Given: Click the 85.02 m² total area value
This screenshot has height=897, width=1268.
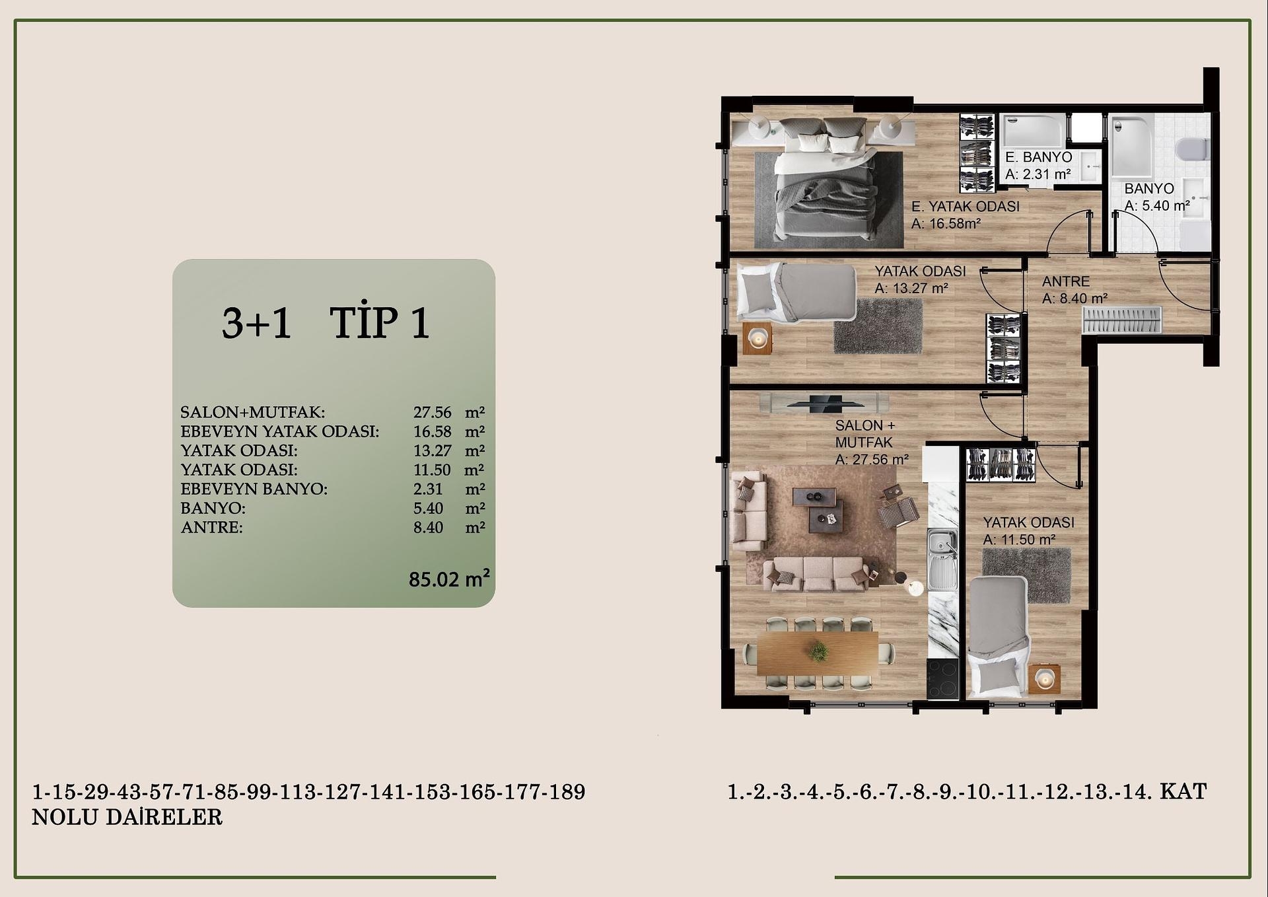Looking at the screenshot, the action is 449,579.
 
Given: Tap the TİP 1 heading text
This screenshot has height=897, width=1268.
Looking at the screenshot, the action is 380,323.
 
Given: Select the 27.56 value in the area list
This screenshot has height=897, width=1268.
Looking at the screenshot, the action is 433,412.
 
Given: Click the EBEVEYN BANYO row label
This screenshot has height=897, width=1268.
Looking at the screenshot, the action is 254,489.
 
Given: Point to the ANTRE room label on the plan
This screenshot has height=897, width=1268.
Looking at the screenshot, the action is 1066,281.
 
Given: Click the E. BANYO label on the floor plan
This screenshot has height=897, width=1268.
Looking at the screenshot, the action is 1039,157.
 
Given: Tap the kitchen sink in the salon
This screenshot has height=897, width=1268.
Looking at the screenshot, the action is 942,558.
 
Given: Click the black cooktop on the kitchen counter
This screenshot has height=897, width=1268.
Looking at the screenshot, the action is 942,678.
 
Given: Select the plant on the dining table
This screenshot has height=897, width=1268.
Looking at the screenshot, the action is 818,651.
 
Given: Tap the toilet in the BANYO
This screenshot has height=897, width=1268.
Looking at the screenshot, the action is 1193,149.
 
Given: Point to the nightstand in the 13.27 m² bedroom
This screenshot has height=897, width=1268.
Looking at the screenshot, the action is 757,339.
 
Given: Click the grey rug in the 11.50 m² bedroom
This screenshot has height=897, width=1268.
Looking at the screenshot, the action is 1026,575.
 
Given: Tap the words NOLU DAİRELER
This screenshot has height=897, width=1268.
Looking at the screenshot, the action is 127,817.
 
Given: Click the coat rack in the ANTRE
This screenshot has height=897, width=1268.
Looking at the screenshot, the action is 1121,320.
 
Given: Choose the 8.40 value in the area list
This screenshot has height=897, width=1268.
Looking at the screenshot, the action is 428,527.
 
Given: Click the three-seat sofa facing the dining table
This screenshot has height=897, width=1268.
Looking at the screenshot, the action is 817,574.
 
